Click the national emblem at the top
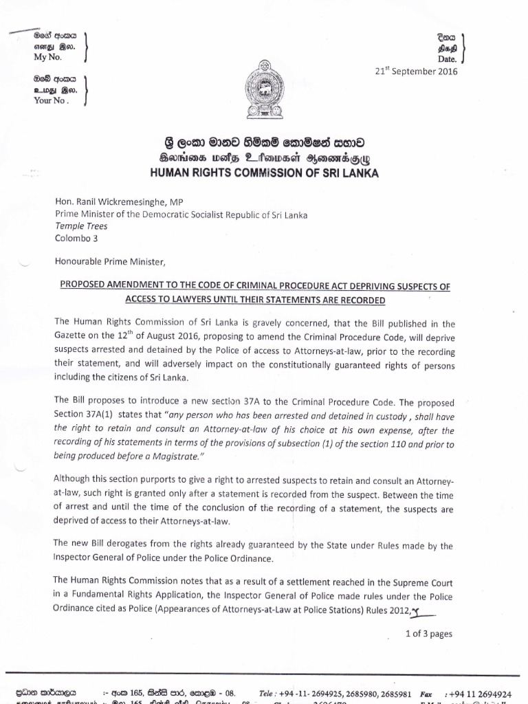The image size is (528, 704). [x=264, y=90]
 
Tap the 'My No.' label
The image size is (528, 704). [x=48, y=57]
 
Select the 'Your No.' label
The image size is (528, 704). [x=52, y=100]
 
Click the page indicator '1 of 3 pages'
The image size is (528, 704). [x=429, y=633]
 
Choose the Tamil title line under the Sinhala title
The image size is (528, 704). [x=264, y=159]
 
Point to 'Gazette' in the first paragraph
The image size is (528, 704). [x=71, y=335]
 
